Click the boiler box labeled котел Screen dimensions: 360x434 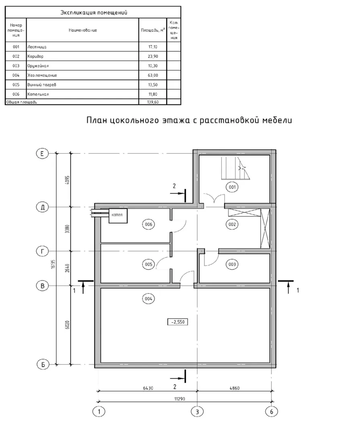pyautogui.click(x=118, y=215)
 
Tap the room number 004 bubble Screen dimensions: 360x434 pyautogui.click(x=148, y=299)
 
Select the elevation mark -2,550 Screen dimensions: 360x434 pyautogui.click(x=178, y=322)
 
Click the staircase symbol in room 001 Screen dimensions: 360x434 pyautogui.click(x=236, y=168)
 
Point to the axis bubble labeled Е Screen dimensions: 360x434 pyautogui.click(x=42, y=154)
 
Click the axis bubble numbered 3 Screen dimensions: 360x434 pyautogui.click(x=197, y=411)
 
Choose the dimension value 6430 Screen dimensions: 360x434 pyautogui.click(x=148, y=388)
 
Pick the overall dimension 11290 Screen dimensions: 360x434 pyautogui.click(x=179, y=399)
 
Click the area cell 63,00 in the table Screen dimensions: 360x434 pyautogui.click(x=153, y=75)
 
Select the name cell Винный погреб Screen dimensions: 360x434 pyautogui.click(x=41, y=85)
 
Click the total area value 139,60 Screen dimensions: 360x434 pyautogui.click(x=153, y=102)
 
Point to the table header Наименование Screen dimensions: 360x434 pyautogui.click(x=83, y=30)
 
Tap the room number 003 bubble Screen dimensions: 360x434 pyautogui.click(x=232, y=264)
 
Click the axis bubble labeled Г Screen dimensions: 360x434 pyautogui.click(x=42, y=251)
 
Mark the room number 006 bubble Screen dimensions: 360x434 pyautogui.click(x=148, y=224)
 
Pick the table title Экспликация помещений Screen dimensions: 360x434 pyautogui.click(x=94, y=12)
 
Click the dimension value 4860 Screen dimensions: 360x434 pyautogui.click(x=235, y=388)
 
